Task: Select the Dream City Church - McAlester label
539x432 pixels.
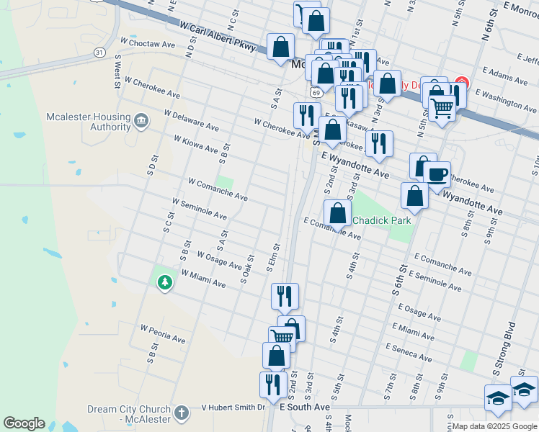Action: (x=129, y=413)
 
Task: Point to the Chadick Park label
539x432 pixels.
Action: (x=382, y=220)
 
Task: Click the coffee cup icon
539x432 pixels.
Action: (x=437, y=174)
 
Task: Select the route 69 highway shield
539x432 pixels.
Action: (x=316, y=92)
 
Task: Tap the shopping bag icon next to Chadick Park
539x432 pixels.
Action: (x=337, y=212)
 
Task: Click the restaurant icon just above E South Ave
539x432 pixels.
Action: (x=273, y=383)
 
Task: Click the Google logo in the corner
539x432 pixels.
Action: (x=24, y=423)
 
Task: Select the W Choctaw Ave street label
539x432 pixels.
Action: (x=148, y=44)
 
